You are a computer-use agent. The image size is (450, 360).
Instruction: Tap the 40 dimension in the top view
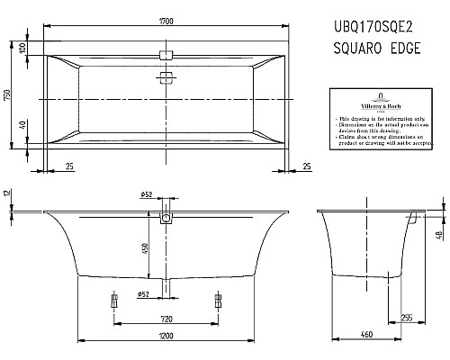click(25, 129)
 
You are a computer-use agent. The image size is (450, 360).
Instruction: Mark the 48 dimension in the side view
click(439, 235)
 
